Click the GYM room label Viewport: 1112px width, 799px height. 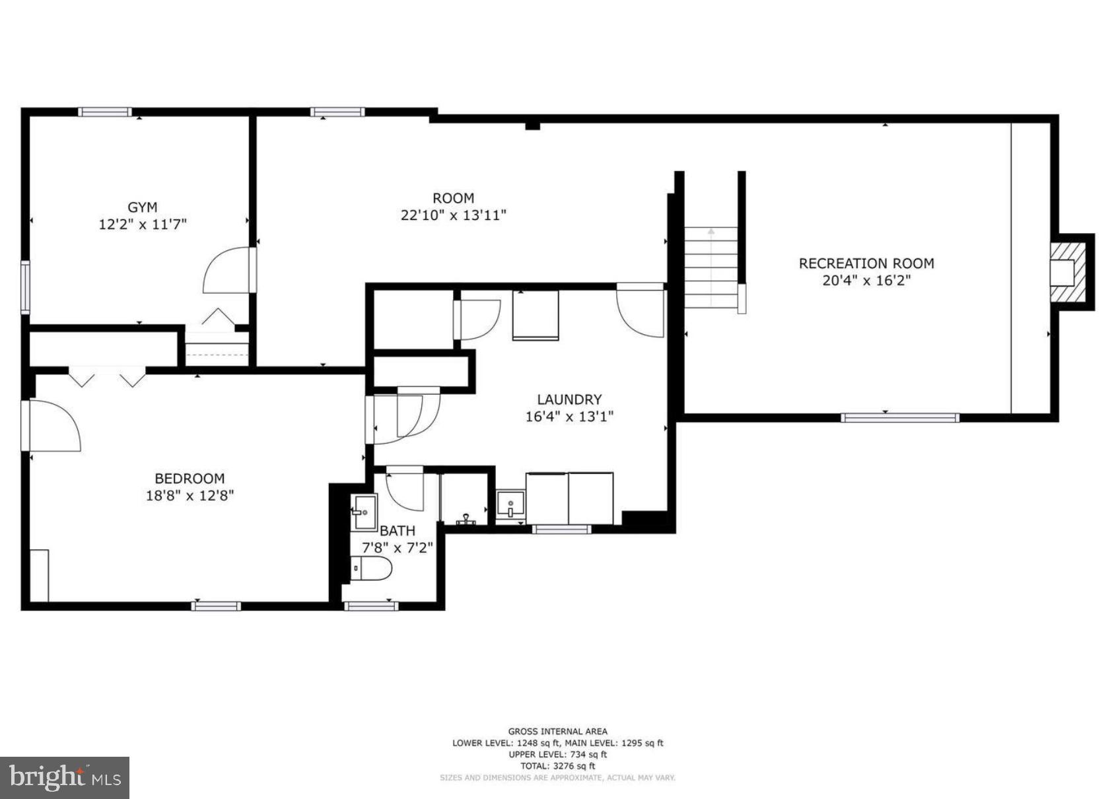[x=142, y=207]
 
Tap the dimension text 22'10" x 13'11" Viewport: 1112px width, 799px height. [x=453, y=215]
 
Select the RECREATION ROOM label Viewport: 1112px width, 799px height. [x=866, y=263]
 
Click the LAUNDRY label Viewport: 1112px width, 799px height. [x=569, y=399]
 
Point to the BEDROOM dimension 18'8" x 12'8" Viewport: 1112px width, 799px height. [x=190, y=495]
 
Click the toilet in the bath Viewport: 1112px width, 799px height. [x=370, y=568]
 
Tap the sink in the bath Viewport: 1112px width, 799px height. [x=364, y=511]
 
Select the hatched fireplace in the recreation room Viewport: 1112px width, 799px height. [x=1066, y=272]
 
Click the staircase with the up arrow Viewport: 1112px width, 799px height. [x=711, y=267]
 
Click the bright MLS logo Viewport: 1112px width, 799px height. [x=64, y=777]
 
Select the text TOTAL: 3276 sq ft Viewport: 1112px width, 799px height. [x=557, y=766]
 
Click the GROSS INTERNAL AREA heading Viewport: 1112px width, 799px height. [x=557, y=731]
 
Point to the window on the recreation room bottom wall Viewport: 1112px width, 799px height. [x=899, y=417]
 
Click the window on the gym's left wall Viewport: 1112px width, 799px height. [x=26, y=287]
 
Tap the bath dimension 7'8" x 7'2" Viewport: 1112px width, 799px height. [x=397, y=547]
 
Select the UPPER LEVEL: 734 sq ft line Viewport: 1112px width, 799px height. [x=557, y=754]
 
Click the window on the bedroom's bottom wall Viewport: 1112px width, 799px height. [x=216, y=606]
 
